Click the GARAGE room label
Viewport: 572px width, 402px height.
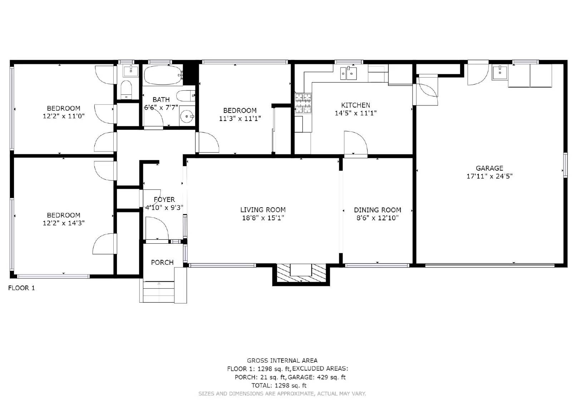(489, 168)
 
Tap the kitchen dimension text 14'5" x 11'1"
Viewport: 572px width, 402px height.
(355, 113)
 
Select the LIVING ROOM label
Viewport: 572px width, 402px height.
(263, 210)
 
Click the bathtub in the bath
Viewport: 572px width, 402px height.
(163, 75)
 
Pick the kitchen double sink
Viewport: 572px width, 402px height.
(349, 73)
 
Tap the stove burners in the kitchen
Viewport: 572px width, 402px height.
(303, 104)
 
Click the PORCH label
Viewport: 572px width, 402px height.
(162, 262)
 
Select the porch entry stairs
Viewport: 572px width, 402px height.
(159, 291)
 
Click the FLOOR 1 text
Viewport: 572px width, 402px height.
(21, 288)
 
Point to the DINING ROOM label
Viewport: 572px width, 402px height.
(378, 210)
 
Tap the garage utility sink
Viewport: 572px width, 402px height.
(500, 73)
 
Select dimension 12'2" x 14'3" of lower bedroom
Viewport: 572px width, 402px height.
(64, 223)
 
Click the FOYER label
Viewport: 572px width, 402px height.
(164, 199)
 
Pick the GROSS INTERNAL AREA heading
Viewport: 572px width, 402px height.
(282, 361)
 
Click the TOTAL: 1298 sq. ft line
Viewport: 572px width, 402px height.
(279, 385)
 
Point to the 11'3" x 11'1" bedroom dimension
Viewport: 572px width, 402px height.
(240, 119)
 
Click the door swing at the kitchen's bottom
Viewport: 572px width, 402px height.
(355, 143)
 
